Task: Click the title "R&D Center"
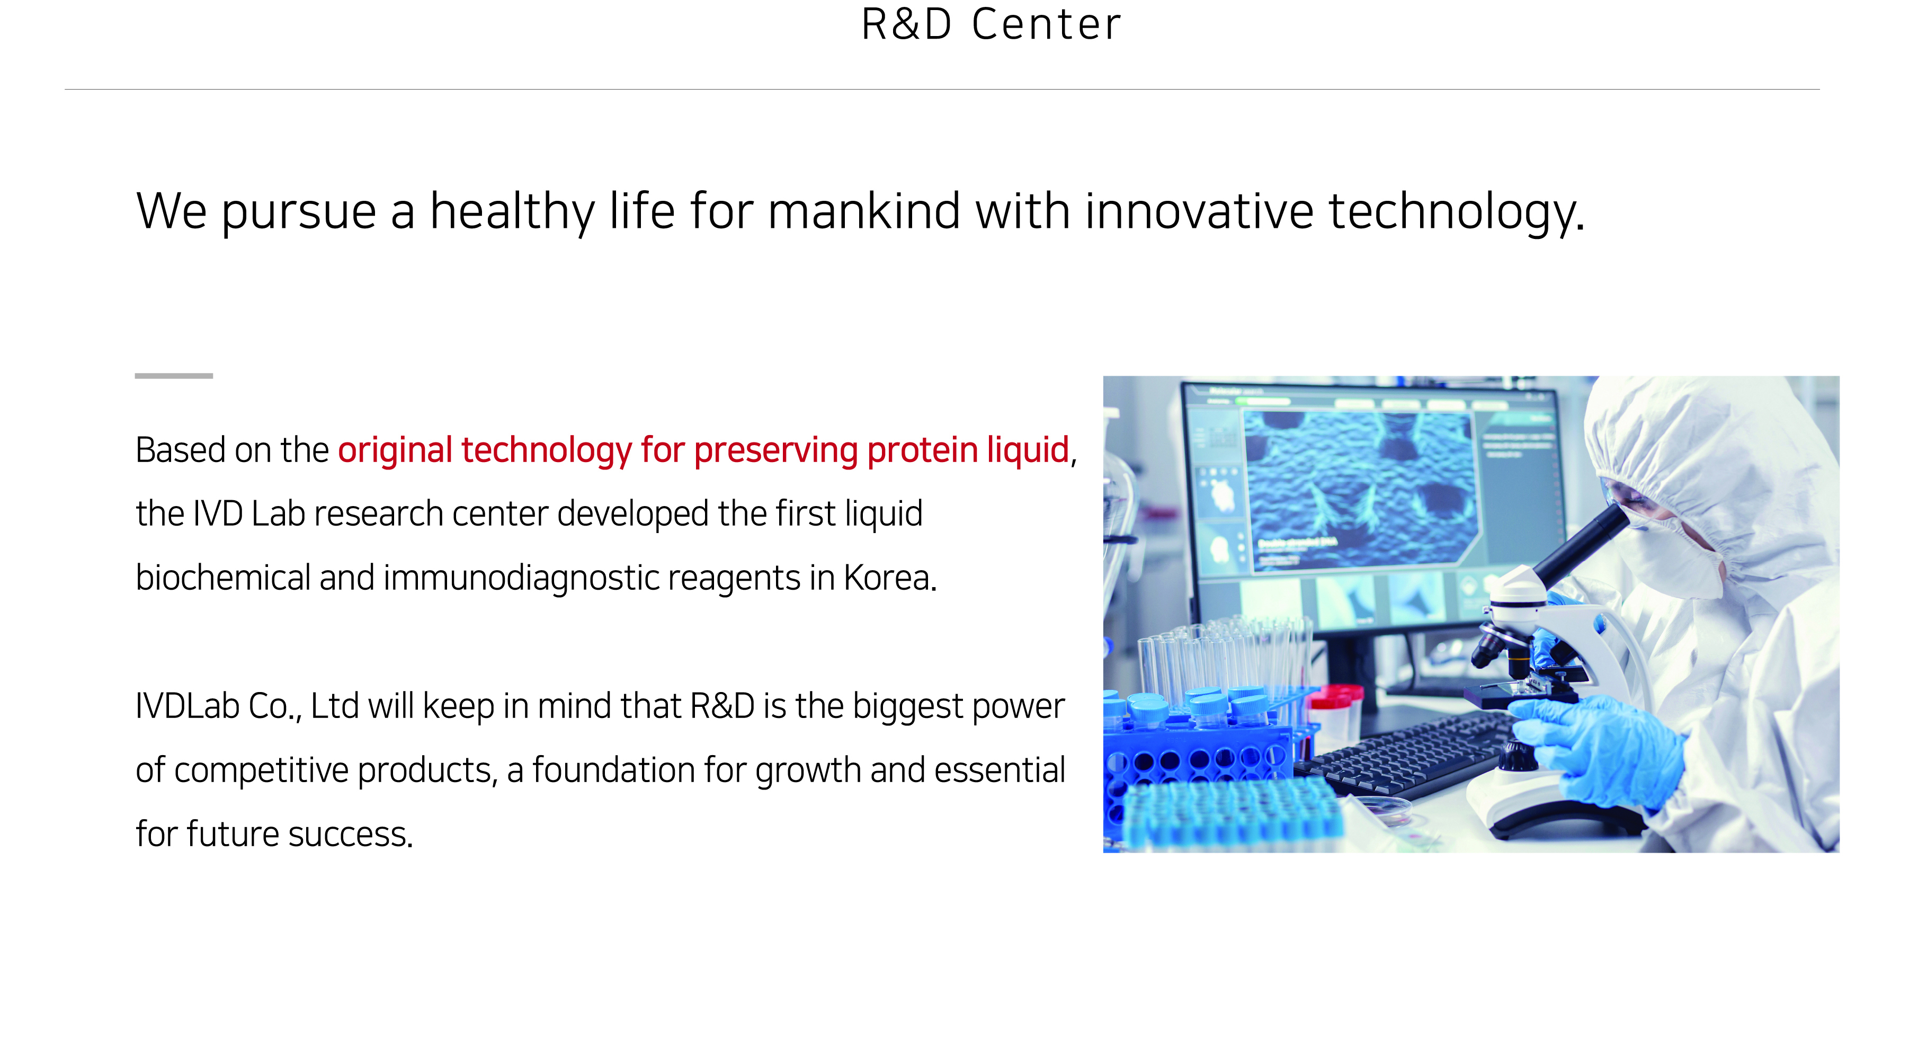tap(991, 24)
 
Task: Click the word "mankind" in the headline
tap(864, 211)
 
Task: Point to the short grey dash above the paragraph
tap(173, 376)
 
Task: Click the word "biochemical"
tap(223, 578)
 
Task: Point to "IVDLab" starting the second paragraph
tap(188, 706)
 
